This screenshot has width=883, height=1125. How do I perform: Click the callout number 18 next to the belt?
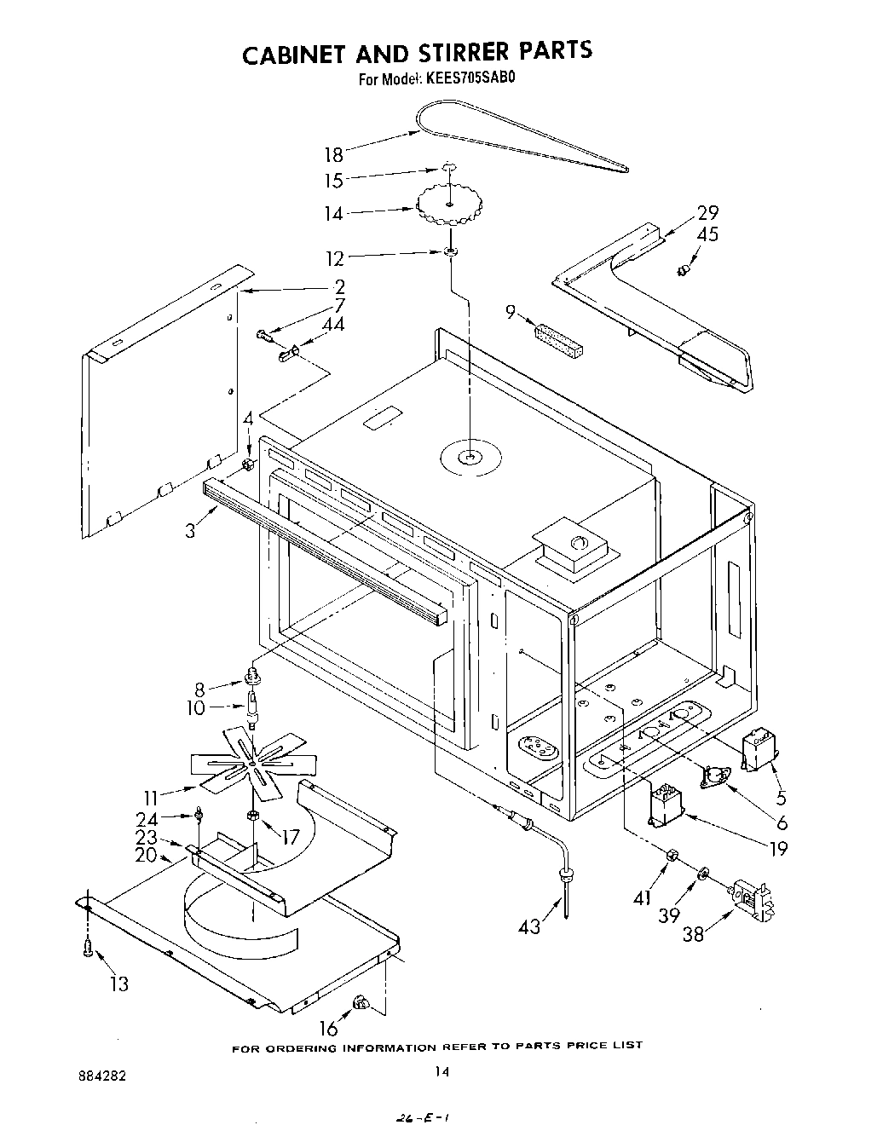click(x=333, y=154)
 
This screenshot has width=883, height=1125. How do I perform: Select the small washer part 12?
click(x=449, y=252)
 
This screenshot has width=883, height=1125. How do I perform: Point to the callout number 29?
click(x=707, y=213)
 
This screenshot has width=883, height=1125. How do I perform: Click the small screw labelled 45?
click(x=682, y=270)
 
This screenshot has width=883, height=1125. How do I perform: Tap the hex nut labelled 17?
click(x=253, y=816)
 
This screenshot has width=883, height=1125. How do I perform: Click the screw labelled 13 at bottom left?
click(x=88, y=950)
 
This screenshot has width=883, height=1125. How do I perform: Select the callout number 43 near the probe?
click(x=529, y=926)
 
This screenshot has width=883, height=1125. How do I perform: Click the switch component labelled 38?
click(x=753, y=899)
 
